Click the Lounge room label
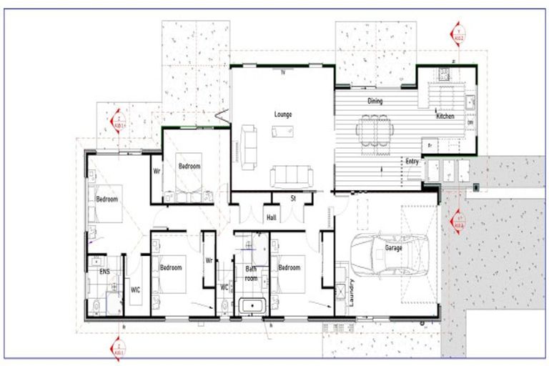click(282, 114)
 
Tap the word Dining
click(375, 101)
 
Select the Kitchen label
click(447, 116)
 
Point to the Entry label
click(412, 162)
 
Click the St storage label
click(293, 199)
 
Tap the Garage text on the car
click(393, 248)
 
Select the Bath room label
click(251, 273)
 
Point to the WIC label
click(135, 290)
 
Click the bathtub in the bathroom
click(252, 306)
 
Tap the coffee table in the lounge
click(282, 131)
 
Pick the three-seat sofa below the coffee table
click(290, 175)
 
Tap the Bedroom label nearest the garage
click(289, 268)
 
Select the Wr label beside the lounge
click(156, 172)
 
